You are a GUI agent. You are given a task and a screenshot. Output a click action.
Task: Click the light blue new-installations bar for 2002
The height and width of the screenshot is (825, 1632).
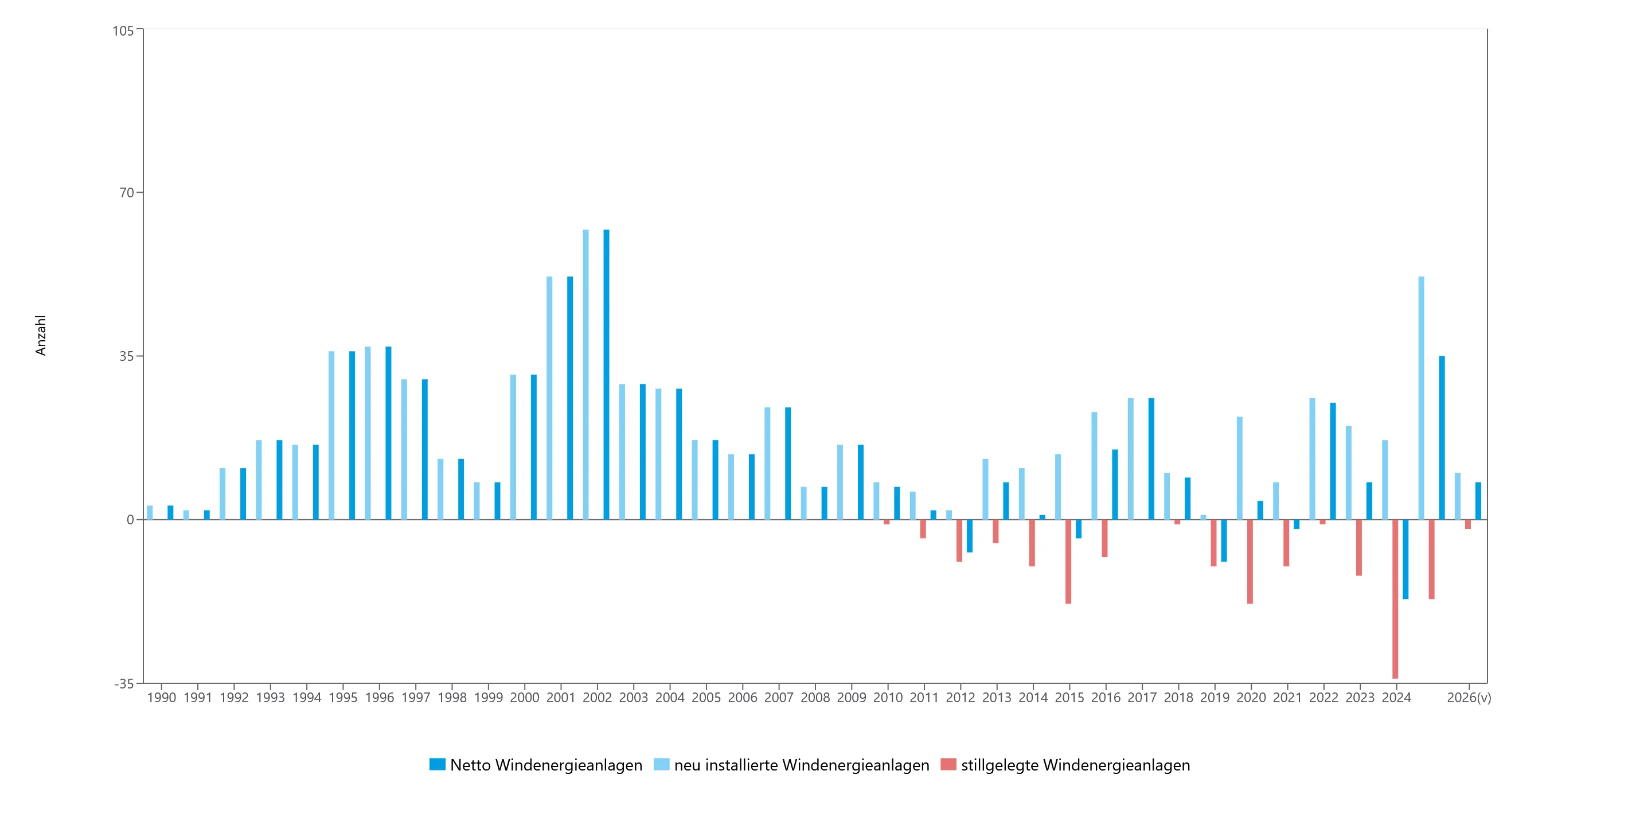(x=585, y=375)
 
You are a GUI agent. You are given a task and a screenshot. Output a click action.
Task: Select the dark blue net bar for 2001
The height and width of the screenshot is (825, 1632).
(x=569, y=398)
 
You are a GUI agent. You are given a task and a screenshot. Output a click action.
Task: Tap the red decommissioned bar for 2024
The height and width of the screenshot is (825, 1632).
(x=1395, y=599)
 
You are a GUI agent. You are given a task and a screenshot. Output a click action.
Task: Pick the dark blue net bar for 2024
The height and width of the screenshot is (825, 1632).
(x=1405, y=559)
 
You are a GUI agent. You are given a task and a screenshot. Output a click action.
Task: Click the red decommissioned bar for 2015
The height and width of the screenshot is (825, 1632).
(x=1068, y=562)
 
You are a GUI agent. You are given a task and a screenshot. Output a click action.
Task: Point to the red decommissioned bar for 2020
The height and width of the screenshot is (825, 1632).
(x=1250, y=562)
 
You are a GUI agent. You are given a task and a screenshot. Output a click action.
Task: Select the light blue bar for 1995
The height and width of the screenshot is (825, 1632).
(x=331, y=435)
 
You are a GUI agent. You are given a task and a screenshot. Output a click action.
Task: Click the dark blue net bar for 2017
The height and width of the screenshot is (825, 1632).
(x=1151, y=459)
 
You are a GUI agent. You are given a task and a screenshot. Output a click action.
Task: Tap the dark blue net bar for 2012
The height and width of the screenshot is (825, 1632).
(x=969, y=535)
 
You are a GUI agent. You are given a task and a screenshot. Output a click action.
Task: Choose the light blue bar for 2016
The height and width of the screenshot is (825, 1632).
(x=1094, y=466)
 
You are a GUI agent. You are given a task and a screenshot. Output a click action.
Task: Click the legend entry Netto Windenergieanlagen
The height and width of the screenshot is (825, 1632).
(x=536, y=765)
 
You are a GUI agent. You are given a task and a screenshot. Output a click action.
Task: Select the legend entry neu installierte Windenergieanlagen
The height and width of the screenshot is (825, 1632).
(x=791, y=765)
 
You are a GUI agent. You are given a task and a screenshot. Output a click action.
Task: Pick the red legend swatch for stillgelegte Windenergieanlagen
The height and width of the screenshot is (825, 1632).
(x=948, y=764)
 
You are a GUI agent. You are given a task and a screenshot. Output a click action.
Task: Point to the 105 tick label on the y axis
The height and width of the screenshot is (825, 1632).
(x=123, y=30)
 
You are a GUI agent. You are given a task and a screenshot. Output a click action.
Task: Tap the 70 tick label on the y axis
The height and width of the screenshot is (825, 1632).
(x=127, y=193)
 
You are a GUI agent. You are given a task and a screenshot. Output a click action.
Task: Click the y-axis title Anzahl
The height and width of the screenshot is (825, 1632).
(x=41, y=335)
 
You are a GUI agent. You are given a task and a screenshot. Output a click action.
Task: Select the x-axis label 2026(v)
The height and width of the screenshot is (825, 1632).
(x=1469, y=698)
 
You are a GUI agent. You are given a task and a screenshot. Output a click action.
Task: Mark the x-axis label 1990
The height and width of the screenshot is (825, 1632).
(x=162, y=698)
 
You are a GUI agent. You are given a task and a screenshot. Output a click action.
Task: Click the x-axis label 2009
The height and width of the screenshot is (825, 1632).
(x=852, y=698)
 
